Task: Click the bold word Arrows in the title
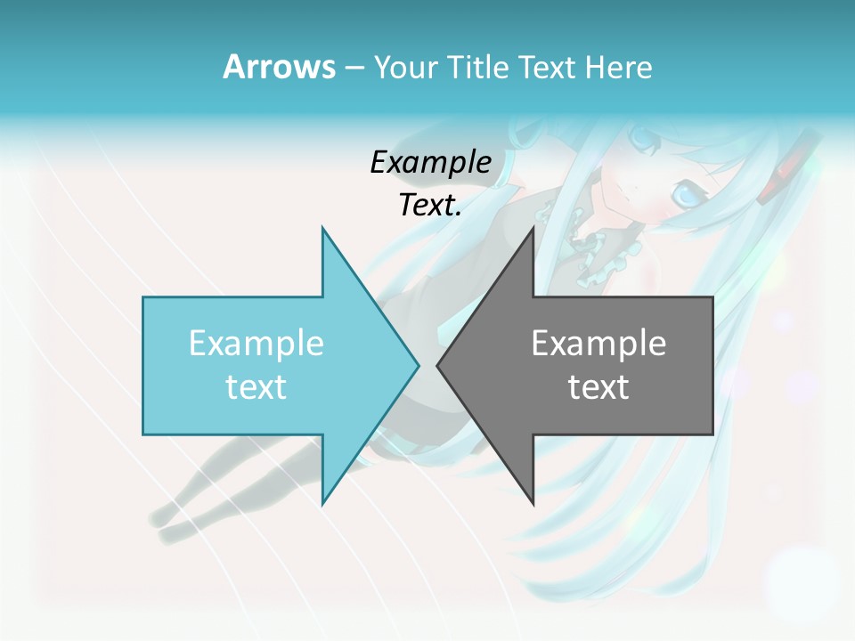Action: [x=279, y=67]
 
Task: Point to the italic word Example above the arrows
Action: [x=430, y=162]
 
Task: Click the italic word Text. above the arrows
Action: [x=430, y=205]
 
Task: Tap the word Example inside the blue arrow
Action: [x=256, y=343]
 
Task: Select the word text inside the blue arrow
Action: [x=256, y=387]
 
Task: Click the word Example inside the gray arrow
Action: [x=598, y=343]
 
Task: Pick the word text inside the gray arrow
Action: [x=598, y=387]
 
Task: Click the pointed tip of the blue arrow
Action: [x=418, y=365]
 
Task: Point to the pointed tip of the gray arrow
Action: [x=438, y=365]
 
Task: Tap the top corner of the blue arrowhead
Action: [x=322, y=229]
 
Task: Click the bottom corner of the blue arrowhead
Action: [x=322, y=503]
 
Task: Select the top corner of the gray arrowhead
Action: [x=533, y=229]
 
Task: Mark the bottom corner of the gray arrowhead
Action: [x=533, y=503]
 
